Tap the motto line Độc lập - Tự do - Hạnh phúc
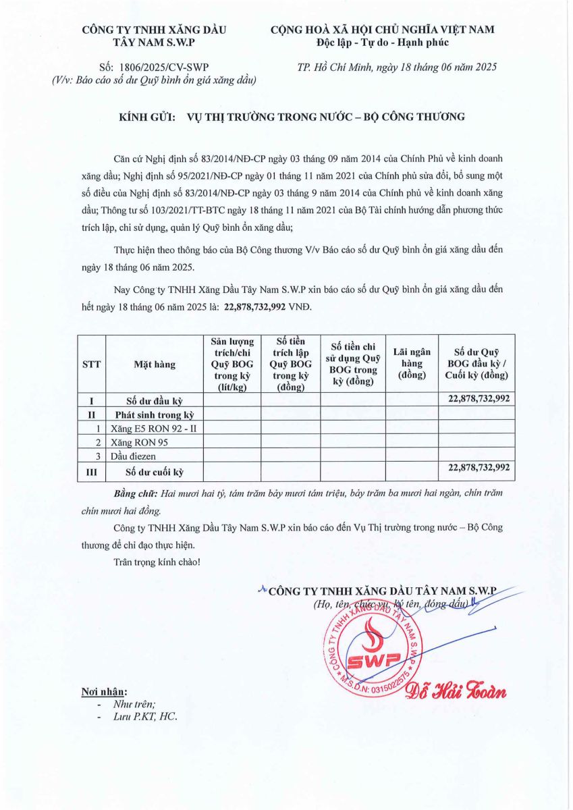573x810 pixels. point(382,43)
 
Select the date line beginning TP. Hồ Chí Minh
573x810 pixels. point(397,67)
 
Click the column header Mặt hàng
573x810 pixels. point(155,364)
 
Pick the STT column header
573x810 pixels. point(91,364)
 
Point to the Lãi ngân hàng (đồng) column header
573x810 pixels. point(412,364)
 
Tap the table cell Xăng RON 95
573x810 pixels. point(139,443)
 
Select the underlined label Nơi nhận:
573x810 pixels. point(103,692)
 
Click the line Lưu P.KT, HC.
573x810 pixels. point(144,717)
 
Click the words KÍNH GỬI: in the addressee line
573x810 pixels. point(148,117)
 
